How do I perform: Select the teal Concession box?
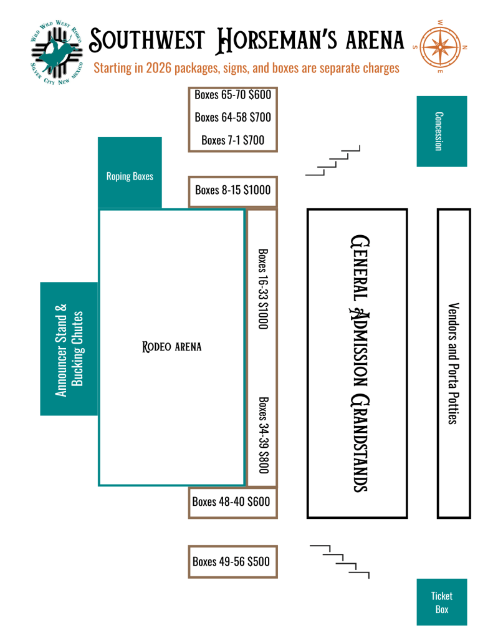pos(441,131)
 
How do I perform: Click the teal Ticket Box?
pos(441,602)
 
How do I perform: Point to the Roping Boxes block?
pos(130,176)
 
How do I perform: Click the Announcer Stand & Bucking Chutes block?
pos(69,349)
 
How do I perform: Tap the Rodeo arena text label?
pos(172,347)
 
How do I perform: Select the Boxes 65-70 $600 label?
pos(232,95)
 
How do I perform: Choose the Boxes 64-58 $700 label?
pos(232,117)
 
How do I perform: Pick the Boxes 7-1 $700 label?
pos(232,140)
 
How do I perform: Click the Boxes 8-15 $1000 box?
pos(232,190)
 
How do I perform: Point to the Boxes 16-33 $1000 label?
pos(263,290)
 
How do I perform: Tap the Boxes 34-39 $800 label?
pos(263,434)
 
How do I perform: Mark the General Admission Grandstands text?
pos(357,363)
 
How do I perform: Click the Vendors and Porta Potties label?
pos(453,363)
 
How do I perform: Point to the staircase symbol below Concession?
pos(333,162)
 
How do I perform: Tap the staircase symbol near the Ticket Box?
pos(340,561)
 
